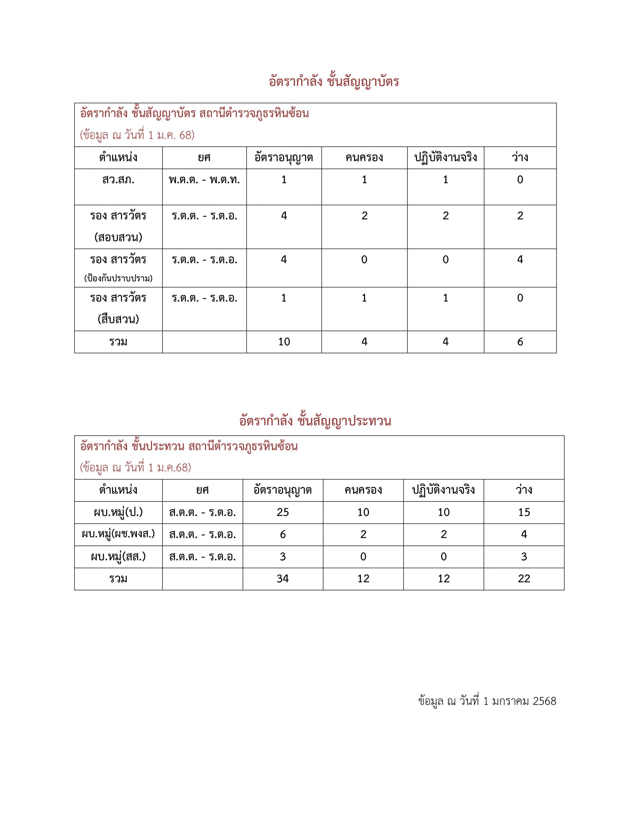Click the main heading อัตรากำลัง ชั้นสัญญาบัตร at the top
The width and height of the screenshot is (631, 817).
click(x=334, y=82)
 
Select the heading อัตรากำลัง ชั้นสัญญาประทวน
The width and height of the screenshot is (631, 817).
click(x=315, y=421)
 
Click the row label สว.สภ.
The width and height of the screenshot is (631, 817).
click(x=118, y=180)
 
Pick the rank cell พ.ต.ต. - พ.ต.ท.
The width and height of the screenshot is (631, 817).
click(x=204, y=180)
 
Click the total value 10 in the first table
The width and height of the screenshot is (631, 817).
click(x=284, y=341)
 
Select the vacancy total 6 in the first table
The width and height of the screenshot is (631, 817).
click(x=520, y=341)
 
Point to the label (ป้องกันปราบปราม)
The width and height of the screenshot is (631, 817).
click(x=118, y=278)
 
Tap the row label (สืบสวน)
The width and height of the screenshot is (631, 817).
click(x=118, y=319)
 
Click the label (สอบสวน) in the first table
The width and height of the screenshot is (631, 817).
click(x=118, y=237)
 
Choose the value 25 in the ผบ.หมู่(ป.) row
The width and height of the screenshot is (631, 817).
click(x=283, y=512)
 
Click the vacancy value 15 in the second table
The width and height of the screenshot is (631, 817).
click(x=524, y=512)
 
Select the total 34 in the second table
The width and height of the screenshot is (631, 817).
click(x=283, y=579)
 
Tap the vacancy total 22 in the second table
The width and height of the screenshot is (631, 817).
click(x=524, y=579)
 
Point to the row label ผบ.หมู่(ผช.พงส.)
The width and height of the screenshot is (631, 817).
click(x=118, y=534)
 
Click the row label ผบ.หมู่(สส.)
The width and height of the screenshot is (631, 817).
click(x=118, y=557)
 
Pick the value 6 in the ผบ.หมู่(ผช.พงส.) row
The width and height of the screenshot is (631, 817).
click(x=283, y=534)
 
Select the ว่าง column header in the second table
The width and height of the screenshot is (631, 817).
click(x=524, y=490)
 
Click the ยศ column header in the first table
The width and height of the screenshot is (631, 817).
click(x=204, y=157)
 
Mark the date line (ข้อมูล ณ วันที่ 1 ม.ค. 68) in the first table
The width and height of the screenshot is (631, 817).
click(x=137, y=135)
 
